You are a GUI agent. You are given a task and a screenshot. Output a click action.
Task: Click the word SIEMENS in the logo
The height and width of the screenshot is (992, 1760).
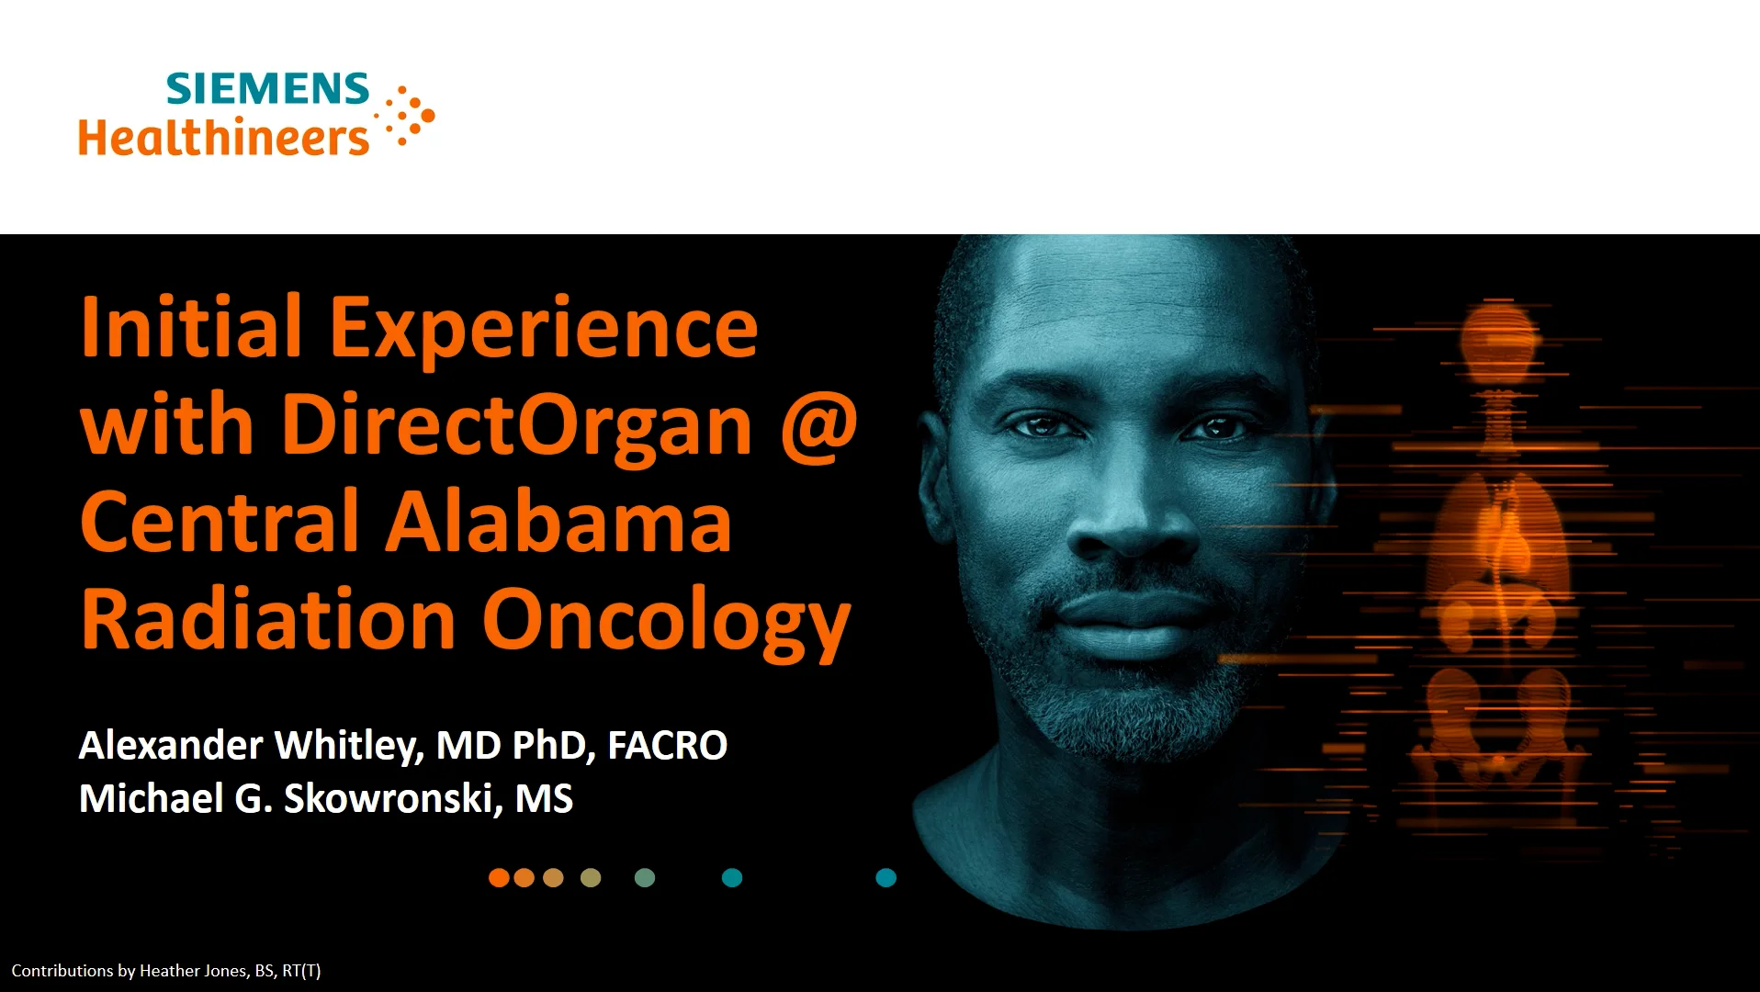267,89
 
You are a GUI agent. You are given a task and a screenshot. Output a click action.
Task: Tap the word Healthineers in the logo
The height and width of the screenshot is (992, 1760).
223,137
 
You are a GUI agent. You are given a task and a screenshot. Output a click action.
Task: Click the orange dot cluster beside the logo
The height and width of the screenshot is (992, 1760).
408,117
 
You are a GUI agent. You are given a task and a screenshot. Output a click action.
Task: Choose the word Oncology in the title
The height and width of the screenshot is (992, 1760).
667,621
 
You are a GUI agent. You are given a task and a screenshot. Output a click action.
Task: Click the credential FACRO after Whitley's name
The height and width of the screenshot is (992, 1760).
667,745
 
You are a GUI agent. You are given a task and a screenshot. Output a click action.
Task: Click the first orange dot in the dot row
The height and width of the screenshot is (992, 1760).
499,878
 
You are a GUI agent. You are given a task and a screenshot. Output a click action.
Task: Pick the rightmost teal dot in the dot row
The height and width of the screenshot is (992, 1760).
886,878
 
